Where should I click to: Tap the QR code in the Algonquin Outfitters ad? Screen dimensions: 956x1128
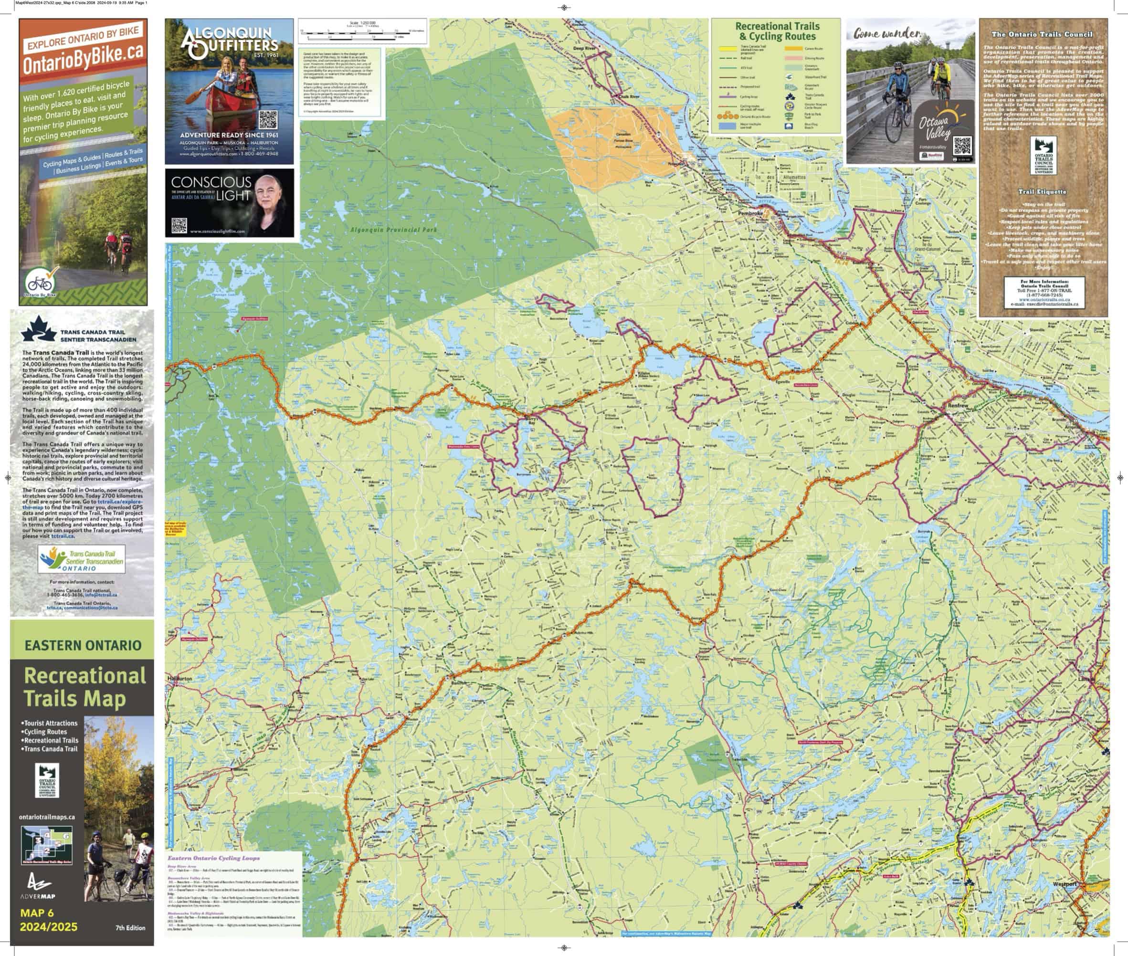click(268, 120)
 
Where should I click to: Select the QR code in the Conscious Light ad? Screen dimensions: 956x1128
click(179, 225)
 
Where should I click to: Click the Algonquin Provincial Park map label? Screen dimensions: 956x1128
click(393, 230)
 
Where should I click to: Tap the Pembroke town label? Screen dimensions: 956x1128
click(750, 213)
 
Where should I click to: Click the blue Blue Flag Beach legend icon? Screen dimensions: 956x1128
click(789, 126)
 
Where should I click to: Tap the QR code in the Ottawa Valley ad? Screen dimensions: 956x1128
click(962, 146)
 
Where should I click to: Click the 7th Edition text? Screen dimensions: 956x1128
click(130, 927)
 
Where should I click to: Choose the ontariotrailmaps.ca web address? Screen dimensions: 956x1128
click(47, 817)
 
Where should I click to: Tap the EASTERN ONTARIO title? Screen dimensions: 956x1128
click(83, 645)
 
